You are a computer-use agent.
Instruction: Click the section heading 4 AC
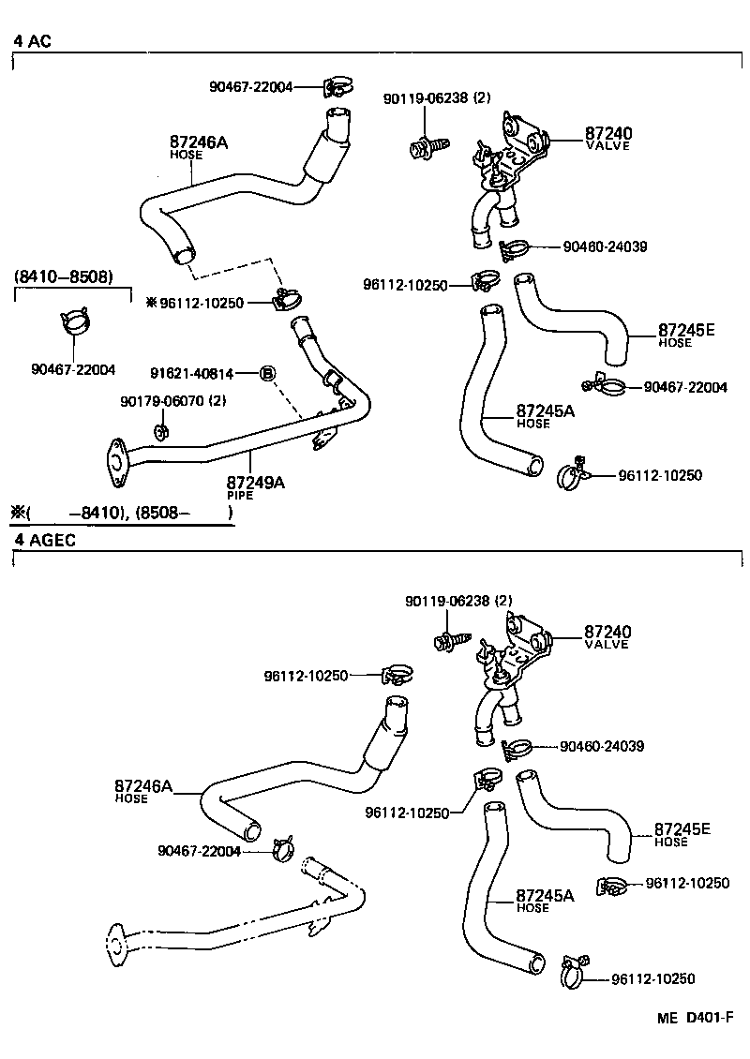32,41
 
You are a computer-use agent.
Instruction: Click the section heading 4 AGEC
44,541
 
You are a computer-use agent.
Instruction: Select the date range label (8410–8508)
64,277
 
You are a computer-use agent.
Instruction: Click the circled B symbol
267,373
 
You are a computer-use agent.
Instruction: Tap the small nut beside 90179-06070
160,430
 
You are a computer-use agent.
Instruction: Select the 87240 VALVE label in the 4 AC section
608,138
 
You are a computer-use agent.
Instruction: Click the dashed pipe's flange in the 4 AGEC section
116,943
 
